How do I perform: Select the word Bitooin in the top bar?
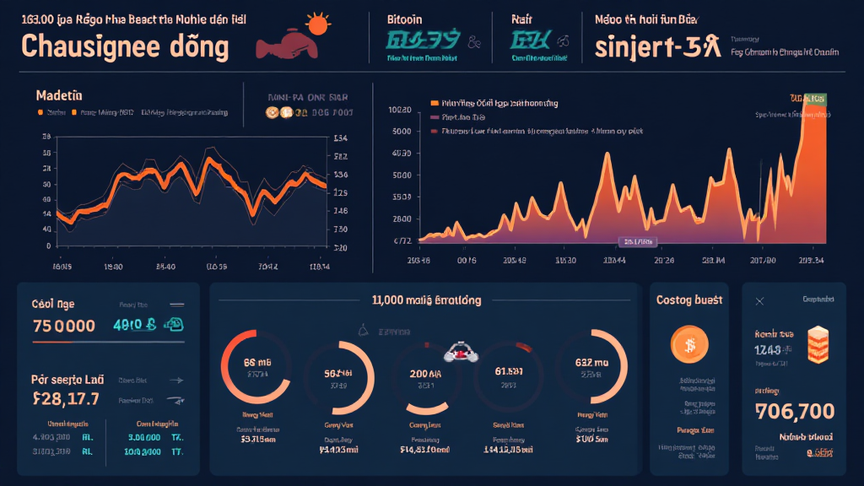coord(404,18)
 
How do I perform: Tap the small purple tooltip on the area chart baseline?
coord(638,241)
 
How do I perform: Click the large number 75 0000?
coord(63,326)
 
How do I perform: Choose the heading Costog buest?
coord(688,300)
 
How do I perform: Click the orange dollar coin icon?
coord(688,344)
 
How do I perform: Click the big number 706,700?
coord(795,412)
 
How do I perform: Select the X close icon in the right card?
coord(759,300)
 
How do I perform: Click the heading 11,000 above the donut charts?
coord(425,300)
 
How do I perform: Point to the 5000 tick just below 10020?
coord(402,132)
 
